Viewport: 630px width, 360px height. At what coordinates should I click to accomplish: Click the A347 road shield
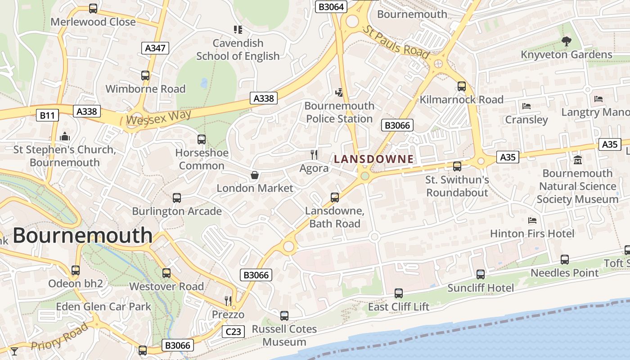(x=156, y=48)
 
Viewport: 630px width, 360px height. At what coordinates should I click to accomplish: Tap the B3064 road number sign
(x=331, y=6)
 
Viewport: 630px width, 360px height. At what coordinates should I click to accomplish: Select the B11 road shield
(x=47, y=115)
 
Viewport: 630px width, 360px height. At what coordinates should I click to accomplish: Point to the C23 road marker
(x=233, y=332)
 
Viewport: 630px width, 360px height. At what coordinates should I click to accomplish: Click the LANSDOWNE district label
(x=373, y=159)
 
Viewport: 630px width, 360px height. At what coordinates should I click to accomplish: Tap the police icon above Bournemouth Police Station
(x=339, y=92)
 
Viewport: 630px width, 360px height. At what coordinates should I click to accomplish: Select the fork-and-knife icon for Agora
(x=314, y=154)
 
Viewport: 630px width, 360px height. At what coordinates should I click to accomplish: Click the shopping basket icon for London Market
(x=255, y=175)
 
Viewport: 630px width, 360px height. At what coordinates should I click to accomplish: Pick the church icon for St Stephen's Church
(x=65, y=136)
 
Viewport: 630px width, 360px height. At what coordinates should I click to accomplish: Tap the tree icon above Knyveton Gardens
(x=566, y=41)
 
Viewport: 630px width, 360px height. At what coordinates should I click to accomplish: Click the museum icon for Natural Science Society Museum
(x=578, y=160)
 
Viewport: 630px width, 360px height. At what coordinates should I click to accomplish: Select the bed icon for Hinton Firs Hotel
(x=532, y=220)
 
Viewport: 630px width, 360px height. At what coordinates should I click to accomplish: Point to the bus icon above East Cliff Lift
(x=399, y=293)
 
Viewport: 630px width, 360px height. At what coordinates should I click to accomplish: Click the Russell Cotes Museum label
(x=284, y=335)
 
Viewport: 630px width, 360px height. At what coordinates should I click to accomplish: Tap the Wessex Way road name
(x=159, y=117)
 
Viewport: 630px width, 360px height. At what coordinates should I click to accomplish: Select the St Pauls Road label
(x=396, y=42)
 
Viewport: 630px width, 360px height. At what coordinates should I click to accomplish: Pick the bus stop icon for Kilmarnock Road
(x=462, y=86)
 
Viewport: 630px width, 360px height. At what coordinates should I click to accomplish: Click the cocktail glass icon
(x=14, y=351)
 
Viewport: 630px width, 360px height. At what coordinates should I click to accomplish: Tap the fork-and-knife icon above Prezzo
(x=229, y=300)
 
